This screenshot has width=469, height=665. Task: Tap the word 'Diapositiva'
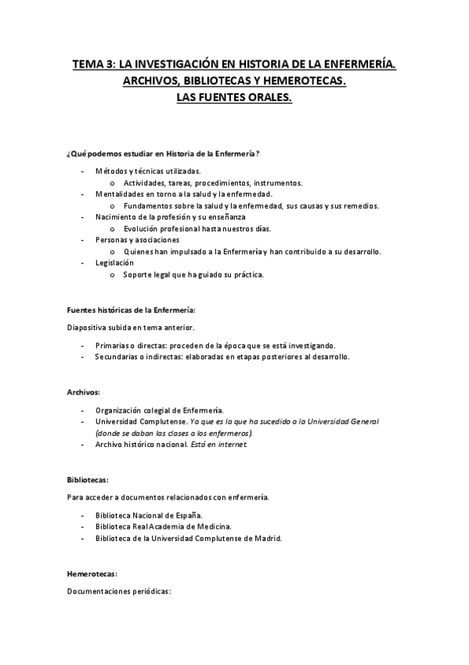90,327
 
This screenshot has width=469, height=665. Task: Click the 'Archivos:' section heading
84,391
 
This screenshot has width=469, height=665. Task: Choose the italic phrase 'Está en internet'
223,445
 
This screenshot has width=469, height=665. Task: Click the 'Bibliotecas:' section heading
88,479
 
